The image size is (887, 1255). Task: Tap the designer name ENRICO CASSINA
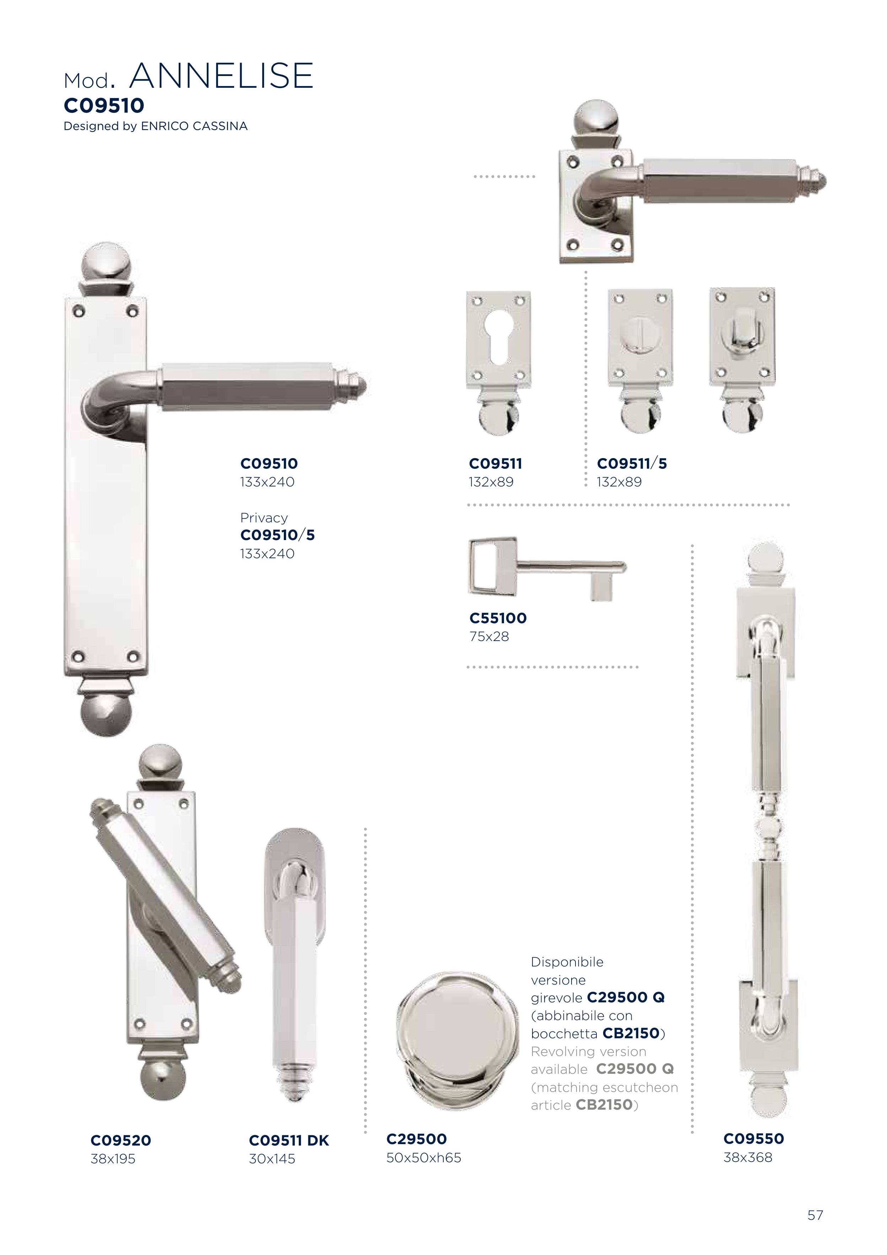[194, 126]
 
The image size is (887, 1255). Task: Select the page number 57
[815, 1215]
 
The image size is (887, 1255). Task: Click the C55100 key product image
[547, 569]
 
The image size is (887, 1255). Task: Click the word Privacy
[264, 518]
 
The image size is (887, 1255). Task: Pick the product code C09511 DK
[288, 1140]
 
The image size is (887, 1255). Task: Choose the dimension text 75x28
[489, 636]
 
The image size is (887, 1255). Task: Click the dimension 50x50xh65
[423, 1158]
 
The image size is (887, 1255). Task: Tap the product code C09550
[754, 1138]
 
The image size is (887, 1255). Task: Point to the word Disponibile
[567, 962]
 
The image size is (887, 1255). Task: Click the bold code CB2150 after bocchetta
[631, 1033]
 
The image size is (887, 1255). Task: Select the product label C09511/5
[632, 464]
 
